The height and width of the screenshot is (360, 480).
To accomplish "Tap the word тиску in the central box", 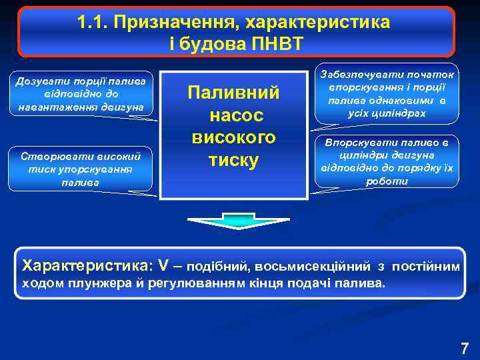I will pos(233,160).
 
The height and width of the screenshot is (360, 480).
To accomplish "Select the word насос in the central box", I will pos(235,115).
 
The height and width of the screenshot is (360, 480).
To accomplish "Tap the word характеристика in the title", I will pos(317,23).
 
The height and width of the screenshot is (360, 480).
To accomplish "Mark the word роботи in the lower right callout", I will pos(388,180).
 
